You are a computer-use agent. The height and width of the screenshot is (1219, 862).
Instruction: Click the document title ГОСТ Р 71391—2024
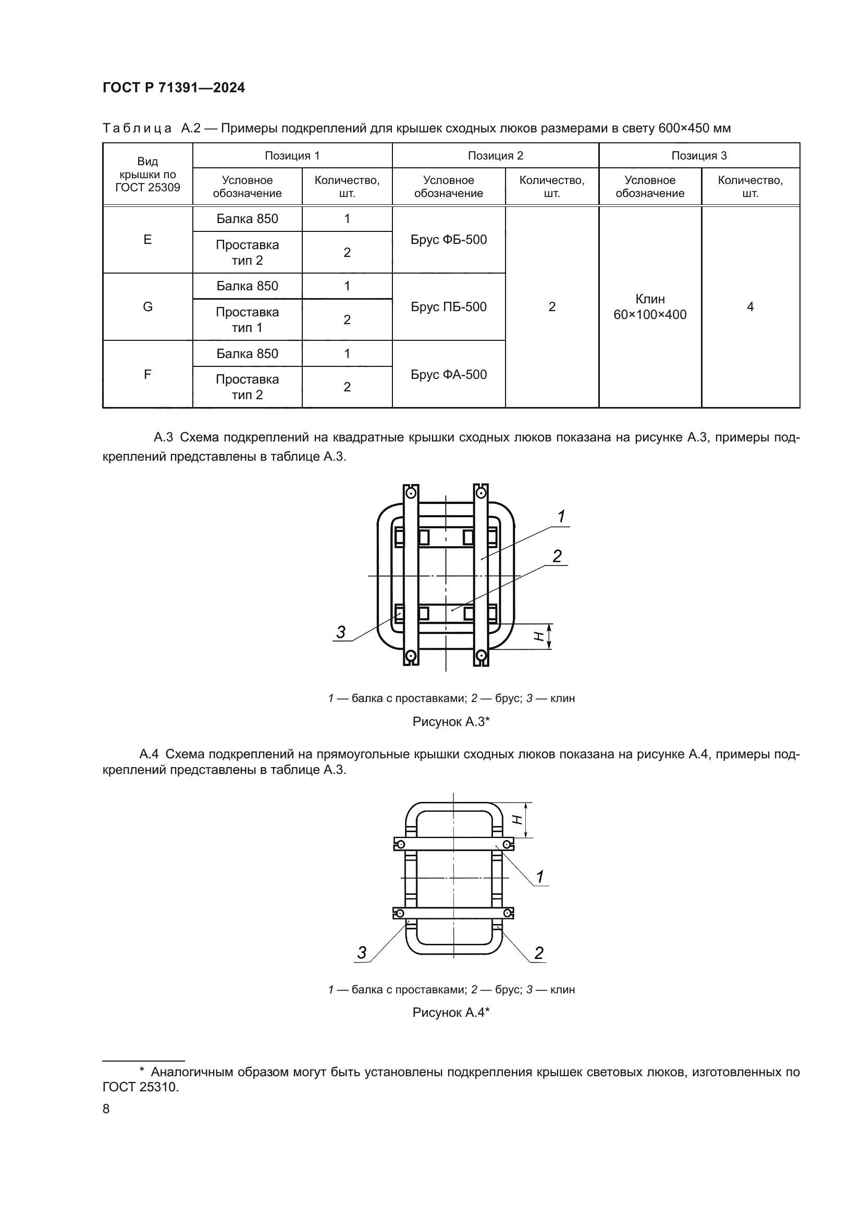(174, 88)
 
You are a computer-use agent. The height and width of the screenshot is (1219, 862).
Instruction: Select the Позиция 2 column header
(495, 155)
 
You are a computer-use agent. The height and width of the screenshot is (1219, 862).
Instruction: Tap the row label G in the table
(147, 307)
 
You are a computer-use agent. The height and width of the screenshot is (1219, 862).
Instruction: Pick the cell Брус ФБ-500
(449, 239)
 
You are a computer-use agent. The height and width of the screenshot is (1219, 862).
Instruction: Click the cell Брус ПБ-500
(449, 307)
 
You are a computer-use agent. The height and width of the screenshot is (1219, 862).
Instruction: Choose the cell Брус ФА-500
(449, 374)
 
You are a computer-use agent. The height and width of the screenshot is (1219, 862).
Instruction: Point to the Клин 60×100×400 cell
(650, 307)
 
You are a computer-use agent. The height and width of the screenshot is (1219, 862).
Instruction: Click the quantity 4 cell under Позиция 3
(750, 307)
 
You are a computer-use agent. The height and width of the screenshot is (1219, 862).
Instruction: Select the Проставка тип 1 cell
(248, 319)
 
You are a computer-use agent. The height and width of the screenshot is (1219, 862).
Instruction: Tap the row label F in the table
(147, 374)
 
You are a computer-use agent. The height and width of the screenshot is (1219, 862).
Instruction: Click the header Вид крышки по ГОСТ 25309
(147, 174)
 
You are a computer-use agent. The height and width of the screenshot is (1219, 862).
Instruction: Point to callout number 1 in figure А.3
(561, 516)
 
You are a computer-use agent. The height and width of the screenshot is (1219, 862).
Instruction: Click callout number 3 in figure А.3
(341, 632)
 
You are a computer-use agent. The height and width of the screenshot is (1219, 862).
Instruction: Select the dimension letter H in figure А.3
(539, 636)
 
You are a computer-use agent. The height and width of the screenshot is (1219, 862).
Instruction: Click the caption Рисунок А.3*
(451, 721)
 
